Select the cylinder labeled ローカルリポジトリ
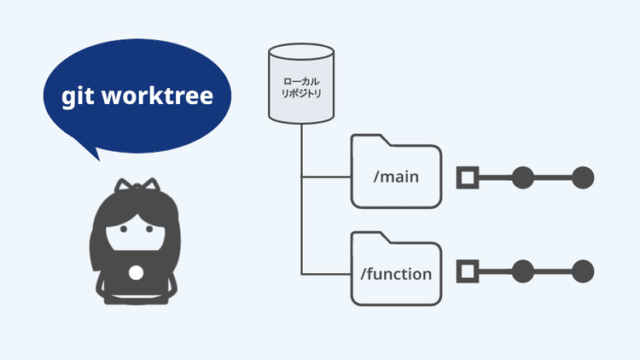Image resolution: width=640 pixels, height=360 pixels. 301,85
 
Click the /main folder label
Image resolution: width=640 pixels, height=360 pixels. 396,178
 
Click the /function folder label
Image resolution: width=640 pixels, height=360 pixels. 396,274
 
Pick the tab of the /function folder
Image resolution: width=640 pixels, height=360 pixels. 370,238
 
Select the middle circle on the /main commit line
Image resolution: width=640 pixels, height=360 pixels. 523,178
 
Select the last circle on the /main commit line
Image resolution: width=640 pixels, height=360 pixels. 582,178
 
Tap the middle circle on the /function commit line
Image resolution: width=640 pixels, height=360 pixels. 523,273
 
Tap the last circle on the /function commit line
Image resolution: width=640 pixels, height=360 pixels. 582,273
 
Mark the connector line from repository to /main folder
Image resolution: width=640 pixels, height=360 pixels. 326,178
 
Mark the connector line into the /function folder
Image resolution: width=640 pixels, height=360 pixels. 326,274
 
